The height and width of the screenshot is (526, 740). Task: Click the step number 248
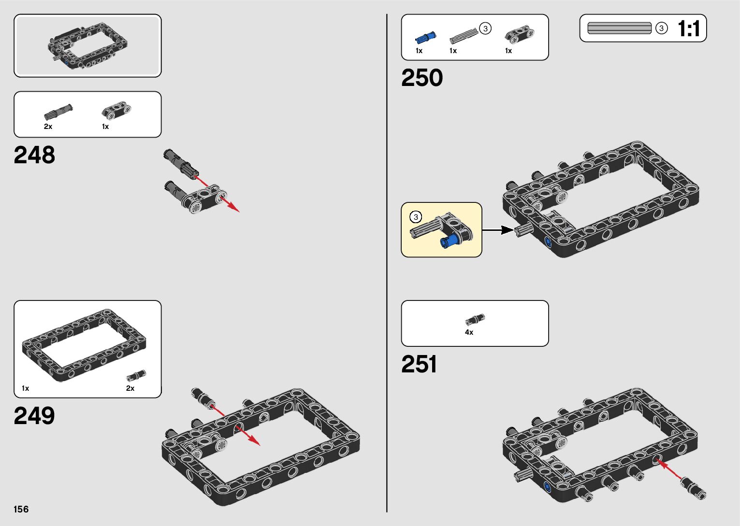34,155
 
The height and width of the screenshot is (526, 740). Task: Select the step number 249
34,415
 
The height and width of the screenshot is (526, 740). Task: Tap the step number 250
421,78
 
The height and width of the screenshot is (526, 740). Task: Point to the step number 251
419,364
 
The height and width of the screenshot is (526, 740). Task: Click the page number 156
21,509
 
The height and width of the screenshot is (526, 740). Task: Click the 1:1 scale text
689,29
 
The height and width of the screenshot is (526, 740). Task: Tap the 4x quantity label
469,332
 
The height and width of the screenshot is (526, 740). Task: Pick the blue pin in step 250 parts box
425,37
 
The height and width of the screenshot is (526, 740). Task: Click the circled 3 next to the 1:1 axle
661,28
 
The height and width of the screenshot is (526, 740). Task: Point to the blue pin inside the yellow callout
450,241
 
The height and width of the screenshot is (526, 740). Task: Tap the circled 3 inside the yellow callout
415,217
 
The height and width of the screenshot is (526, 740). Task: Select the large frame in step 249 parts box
85,344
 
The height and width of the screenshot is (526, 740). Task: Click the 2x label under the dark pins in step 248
48,127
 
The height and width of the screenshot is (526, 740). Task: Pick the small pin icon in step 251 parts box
475,319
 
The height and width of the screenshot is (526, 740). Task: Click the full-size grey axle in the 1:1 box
620,28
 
